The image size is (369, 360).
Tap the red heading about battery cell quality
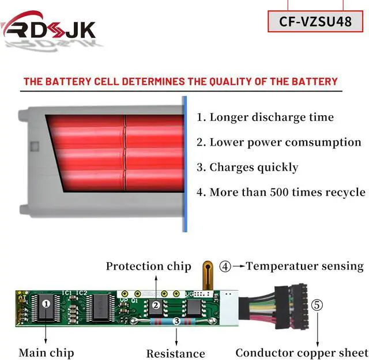tap(180, 81)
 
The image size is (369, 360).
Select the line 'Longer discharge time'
tap(265, 117)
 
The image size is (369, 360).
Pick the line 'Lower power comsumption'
tap(278, 142)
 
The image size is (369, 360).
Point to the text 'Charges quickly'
tap(247, 168)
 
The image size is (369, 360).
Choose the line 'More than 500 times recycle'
tap(281, 192)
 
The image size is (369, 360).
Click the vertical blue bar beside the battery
tap(184, 164)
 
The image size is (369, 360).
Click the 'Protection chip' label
tap(148, 266)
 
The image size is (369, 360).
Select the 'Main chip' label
tap(46, 352)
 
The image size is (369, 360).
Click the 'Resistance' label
tap(176, 353)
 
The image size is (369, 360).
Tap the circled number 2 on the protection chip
tap(156, 305)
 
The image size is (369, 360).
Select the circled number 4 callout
tap(225, 267)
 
